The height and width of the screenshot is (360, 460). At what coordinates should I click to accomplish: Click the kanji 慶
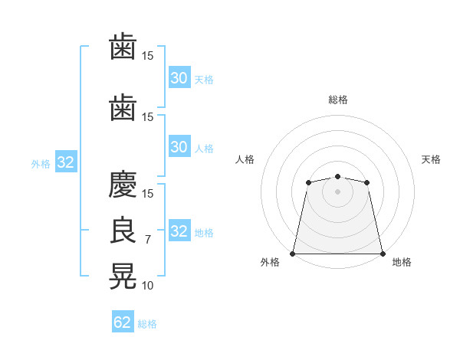click(123, 184)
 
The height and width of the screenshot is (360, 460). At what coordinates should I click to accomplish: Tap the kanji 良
click(123, 230)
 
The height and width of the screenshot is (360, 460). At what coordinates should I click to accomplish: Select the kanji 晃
click(123, 276)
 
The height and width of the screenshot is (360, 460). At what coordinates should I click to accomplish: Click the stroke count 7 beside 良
click(148, 240)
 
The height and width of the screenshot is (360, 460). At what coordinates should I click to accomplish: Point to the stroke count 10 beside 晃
click(147, 285)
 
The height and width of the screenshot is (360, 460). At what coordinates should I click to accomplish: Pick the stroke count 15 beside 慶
click(147, 194)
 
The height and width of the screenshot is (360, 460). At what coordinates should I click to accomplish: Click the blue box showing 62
click(123, 321)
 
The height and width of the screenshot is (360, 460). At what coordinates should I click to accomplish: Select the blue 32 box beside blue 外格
click(66, 162)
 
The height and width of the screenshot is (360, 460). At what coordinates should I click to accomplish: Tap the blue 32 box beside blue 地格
click(179, 230)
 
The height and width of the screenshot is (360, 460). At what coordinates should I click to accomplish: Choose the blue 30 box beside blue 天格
click(179, 77)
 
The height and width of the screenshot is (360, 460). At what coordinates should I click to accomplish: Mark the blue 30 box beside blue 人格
click(179, 146)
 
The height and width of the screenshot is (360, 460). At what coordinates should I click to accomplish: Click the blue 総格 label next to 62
click(147, 324)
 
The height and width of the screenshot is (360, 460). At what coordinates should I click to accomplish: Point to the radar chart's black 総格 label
click(338, 100)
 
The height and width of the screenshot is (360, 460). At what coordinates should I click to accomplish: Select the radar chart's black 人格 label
click(245, 159)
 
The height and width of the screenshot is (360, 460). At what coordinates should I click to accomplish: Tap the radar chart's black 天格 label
click(431, 159)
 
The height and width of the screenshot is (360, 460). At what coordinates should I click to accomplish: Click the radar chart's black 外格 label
click(270, 262)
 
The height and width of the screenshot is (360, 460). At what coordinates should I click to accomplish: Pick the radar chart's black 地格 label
click(402, 262)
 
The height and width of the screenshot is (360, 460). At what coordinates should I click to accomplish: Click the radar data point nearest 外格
click(293, 254)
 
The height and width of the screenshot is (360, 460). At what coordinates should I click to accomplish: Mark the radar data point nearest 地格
click(383, 254)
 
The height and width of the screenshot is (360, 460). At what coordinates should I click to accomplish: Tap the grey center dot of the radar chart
click(337, 191)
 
